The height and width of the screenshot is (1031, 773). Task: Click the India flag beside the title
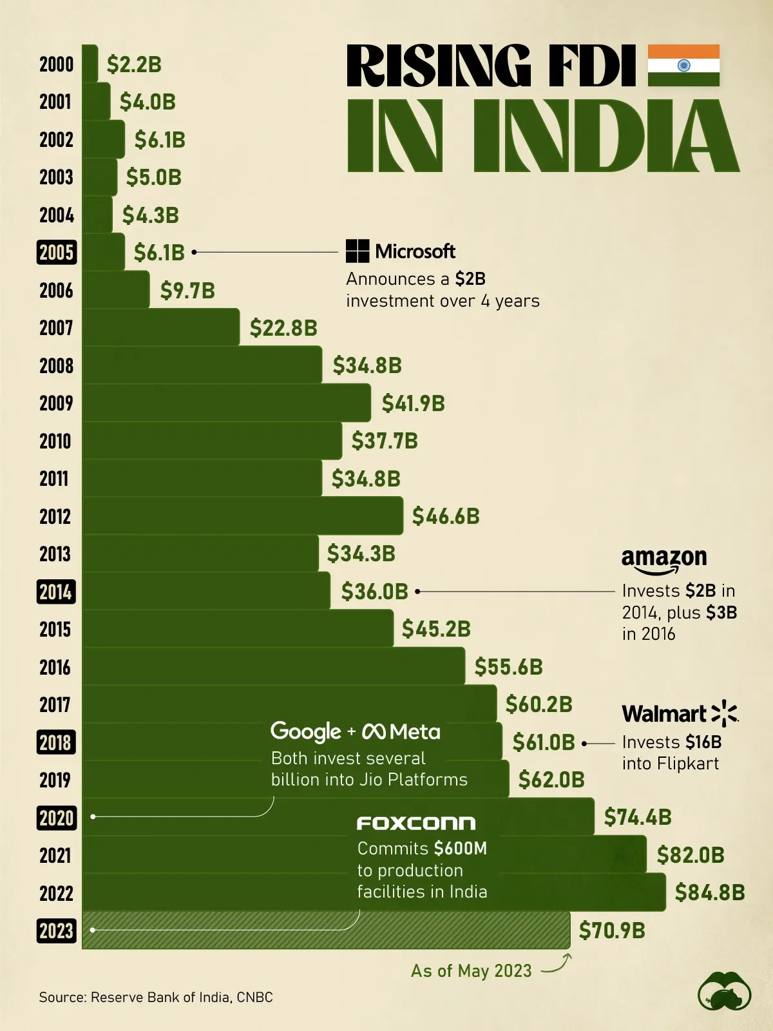[683, 65]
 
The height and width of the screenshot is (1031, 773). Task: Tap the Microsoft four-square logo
[358, 251]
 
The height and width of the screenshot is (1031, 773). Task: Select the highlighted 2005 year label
[57, 253]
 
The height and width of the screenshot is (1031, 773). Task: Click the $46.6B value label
[446, 516]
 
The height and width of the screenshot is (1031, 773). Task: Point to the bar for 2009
[226, 403]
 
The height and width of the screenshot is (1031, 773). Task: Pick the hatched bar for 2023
[326, 930]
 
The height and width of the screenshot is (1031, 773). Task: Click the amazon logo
[663, 559]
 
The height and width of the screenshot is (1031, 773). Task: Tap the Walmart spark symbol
[725, 713]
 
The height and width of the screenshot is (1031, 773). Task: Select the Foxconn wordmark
[416, 823]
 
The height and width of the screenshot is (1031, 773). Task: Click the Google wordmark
[306, 731]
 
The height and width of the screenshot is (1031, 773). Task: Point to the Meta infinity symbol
[374, 731]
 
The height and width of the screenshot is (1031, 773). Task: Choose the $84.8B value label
[710, 892]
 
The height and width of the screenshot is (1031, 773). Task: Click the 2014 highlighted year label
[56, 592]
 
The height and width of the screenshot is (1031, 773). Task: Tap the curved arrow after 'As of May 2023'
[558, 965]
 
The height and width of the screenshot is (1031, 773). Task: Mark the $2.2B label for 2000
[134, 64]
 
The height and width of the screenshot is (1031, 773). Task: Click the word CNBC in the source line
[254, 997]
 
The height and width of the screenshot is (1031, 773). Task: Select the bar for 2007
[161, 328]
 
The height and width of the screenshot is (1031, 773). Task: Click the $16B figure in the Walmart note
[703, 742]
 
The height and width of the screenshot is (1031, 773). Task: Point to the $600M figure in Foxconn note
[460, 849]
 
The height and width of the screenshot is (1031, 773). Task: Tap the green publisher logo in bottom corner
[725, 990]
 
